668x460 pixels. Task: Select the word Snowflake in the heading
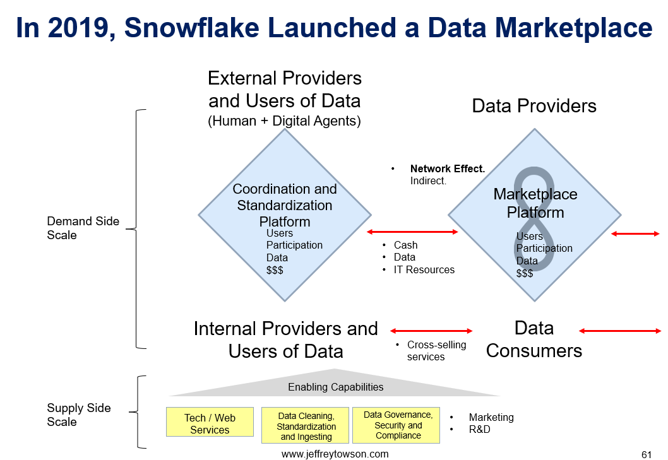click(x=192, y=28)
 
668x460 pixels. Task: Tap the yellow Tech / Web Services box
click(x=210, y=422)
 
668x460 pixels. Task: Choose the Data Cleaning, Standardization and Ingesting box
click(x=305, y=425)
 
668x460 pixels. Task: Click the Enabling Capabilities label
click(x=336, y=387)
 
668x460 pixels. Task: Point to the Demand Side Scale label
click(x=83, y=228)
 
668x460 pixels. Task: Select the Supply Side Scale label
click(x=79, y=415)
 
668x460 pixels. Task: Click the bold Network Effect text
click(x=448, y=168)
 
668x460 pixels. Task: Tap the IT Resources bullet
click(x=424, y=269)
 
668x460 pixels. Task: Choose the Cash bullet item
click(x=405, y=245)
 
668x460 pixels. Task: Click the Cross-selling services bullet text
click(x=437, y=351)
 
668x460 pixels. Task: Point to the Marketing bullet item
click(x=491, y=417)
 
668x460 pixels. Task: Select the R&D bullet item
click(x=479, y=429)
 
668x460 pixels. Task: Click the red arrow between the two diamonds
click(x=412, y=232)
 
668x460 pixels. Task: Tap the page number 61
click(x=647, y=454)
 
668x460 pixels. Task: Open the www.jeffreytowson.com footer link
click(x=335, y=454)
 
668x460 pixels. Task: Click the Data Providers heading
click(x=534, y=105)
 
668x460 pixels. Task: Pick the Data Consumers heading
click(x=534, y=339)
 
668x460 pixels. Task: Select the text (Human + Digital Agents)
click(x=284, y=121)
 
